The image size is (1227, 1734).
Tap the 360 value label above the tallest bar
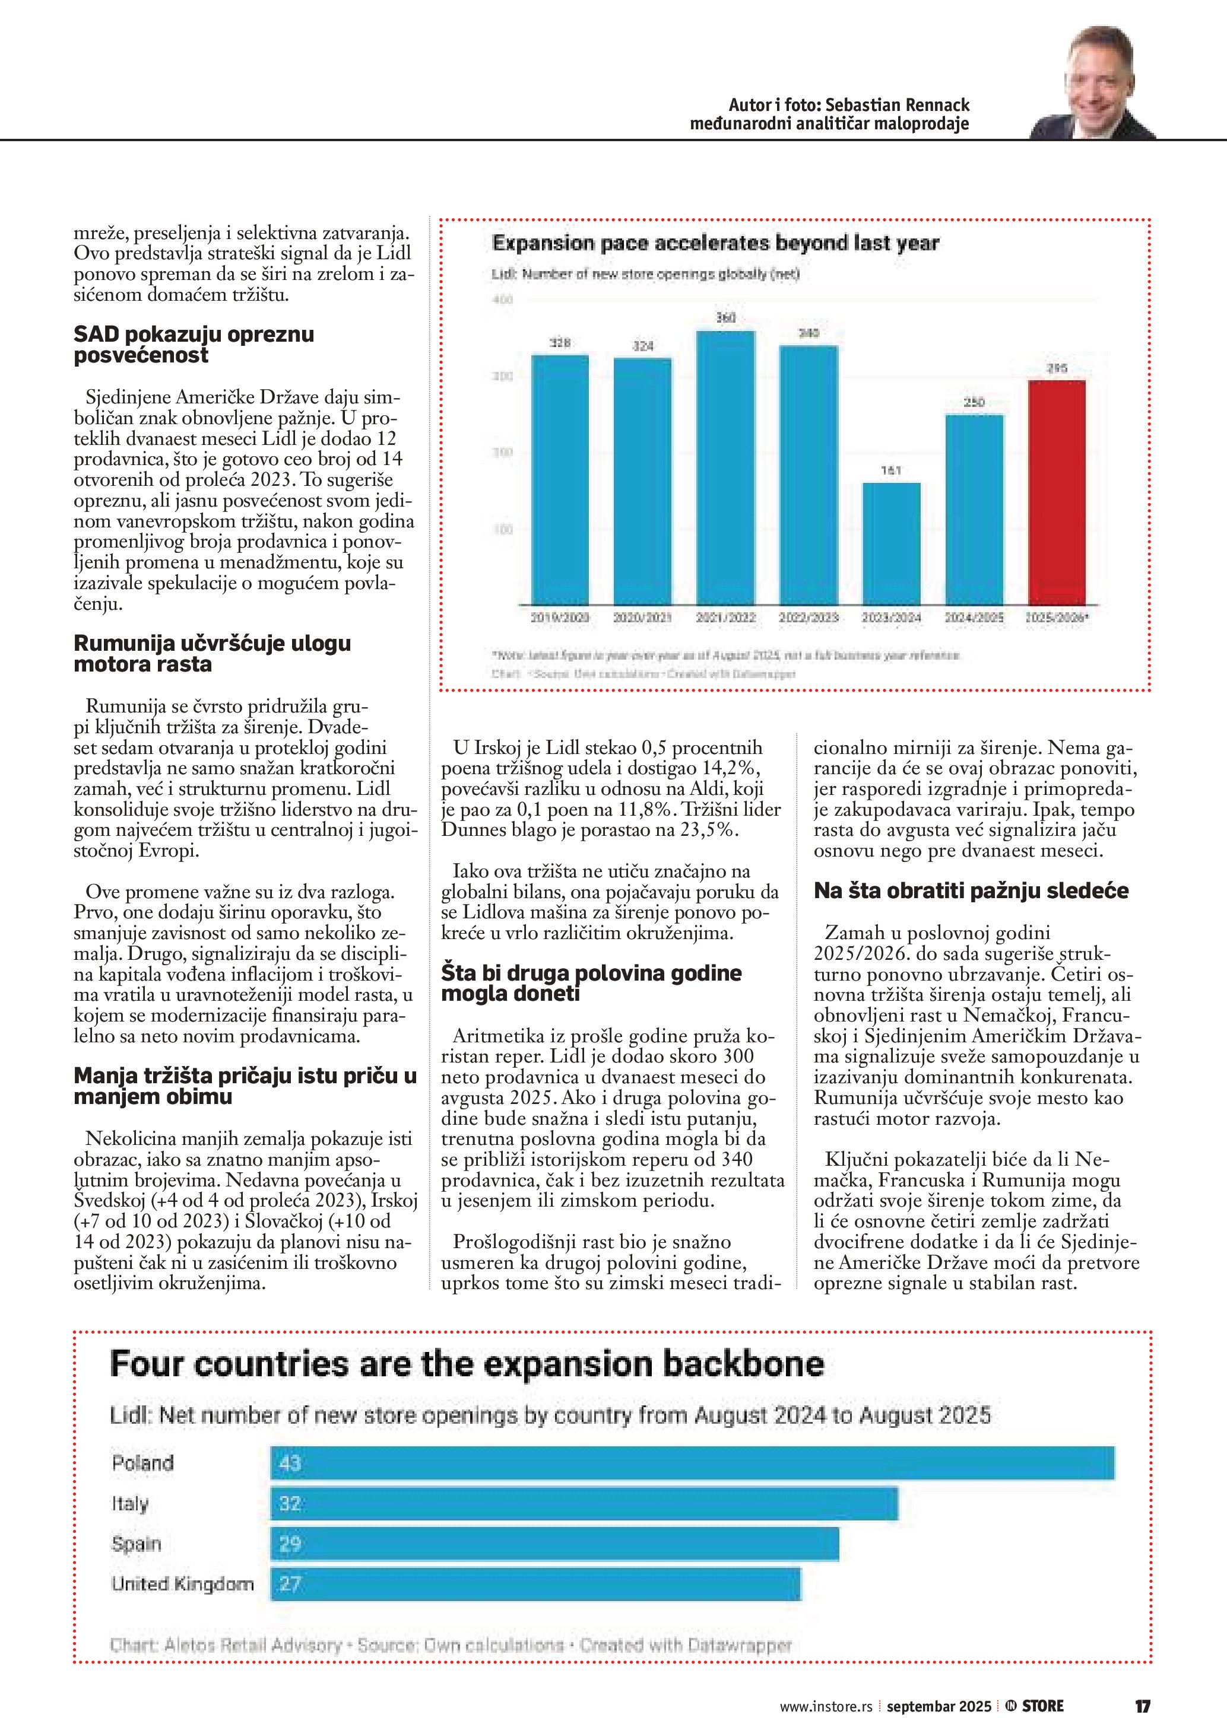coord(725,318)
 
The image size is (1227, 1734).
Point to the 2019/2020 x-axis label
coord(560,617)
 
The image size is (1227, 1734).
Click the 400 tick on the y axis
coord(502,300)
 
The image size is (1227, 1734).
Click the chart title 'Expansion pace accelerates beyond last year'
coord(715,243)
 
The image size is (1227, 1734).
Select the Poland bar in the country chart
coord(692,1463)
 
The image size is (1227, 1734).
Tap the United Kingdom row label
coord(182,1584)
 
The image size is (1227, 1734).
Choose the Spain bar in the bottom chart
coord(554,1544)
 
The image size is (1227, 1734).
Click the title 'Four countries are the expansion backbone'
coord(466,1364)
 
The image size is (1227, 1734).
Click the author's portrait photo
coord(1093,83)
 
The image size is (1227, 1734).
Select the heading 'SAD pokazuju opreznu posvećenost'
coord(194,345)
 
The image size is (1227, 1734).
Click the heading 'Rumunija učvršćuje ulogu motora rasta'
coord(213,653)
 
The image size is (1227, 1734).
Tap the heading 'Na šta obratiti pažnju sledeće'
coord(971,890)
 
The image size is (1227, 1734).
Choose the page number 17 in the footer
coord(1142,1706)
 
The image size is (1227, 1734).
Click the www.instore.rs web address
coord(826,1707)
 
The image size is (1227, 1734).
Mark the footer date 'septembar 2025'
coord(939,1707)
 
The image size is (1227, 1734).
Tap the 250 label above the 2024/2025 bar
coord(974,403)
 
